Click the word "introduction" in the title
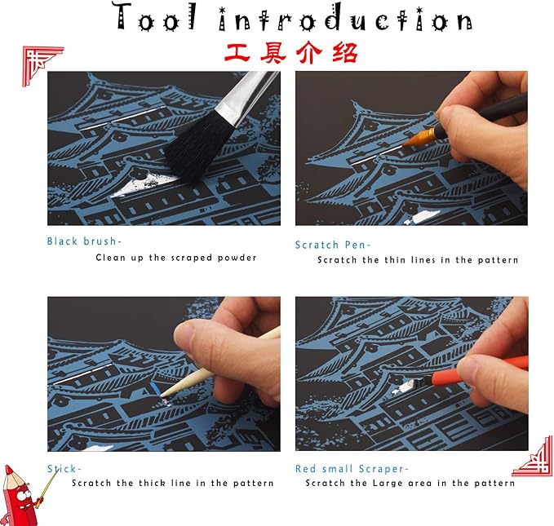342,18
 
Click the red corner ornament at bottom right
532,457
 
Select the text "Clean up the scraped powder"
175,258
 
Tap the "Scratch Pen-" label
333,245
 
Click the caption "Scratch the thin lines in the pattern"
418,260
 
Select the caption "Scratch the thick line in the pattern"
172,483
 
